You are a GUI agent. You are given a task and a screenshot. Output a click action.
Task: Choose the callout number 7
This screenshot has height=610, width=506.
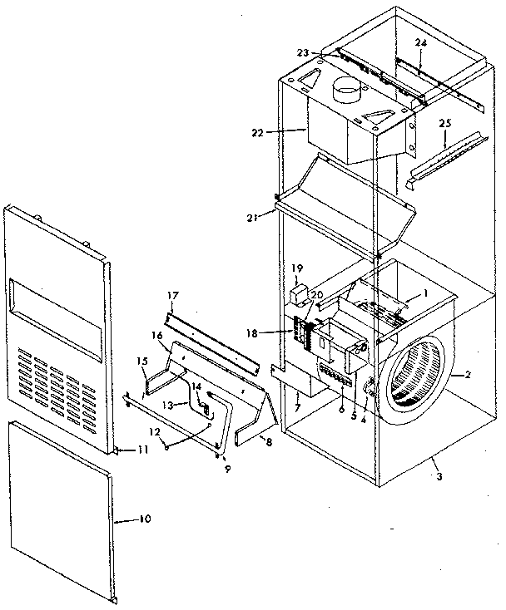pos(295,411)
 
